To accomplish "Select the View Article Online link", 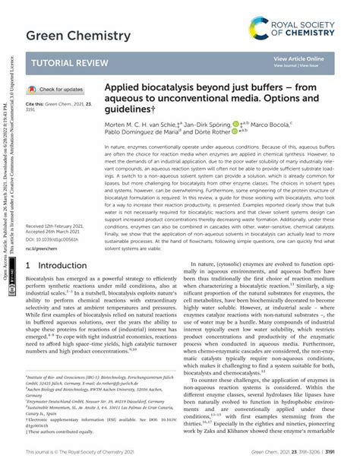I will coord(298,58).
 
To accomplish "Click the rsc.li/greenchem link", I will coord(42,248).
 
